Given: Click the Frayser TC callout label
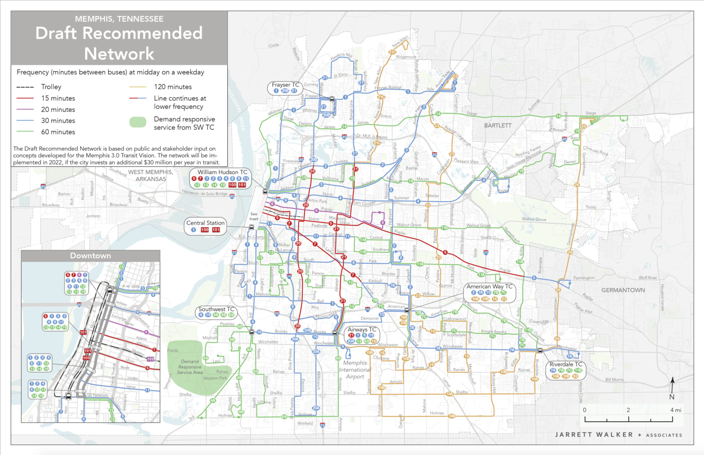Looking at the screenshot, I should (285, 85).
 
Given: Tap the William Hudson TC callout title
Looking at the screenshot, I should (222, 172).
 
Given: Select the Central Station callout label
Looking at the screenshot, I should (205, 223).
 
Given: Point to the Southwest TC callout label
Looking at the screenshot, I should (216, 309).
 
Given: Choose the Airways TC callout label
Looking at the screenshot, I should (362, 329).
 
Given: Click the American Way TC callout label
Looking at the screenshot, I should (489, 286).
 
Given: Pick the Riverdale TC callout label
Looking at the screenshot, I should (566, 364).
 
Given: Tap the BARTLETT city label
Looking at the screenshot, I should (498, 125).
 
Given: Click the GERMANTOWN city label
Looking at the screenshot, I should (623, 290).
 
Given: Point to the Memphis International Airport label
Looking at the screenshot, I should (355, 370).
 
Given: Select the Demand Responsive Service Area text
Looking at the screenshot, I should (190, 367).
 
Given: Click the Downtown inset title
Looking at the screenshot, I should (90, 256).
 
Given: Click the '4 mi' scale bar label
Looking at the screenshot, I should (676, 410).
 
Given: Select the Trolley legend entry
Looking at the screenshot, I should (51, 87).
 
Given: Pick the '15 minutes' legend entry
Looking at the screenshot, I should (58, 98).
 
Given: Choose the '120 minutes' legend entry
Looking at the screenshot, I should (173, 87).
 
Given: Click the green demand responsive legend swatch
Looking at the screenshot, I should (138, 122).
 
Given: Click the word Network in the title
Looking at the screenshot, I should (119, 54).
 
